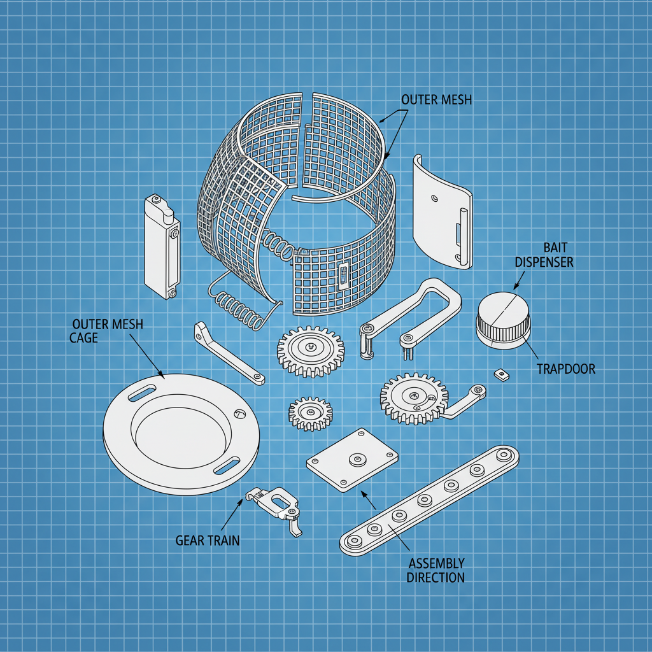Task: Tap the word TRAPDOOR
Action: click(x=565, y=369)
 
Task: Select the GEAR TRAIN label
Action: click(x=208, y=541)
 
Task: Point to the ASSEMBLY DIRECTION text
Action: click(x=436, y=570)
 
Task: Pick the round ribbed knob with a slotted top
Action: click(x=503, y=320)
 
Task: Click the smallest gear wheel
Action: click(x=311, y=413)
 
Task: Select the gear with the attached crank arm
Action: click(x=414, y=399)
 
